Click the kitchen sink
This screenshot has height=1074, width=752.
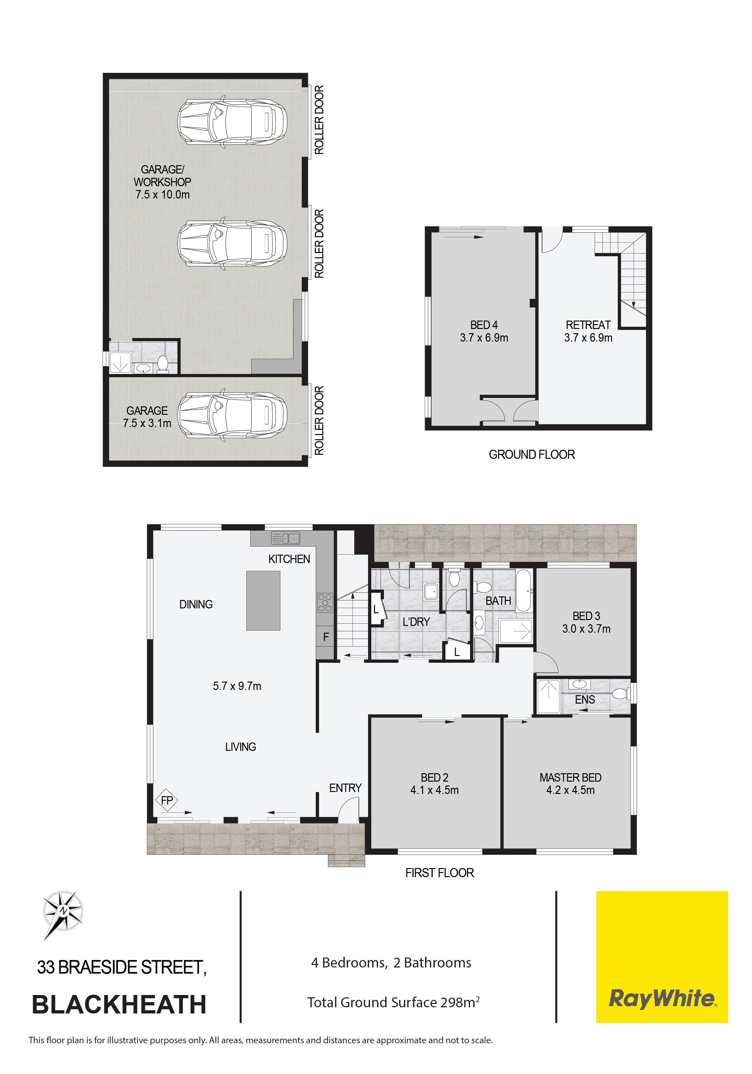tap(285, 538)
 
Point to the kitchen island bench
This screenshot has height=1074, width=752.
tap(263, 601)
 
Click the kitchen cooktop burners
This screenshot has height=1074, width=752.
tap(325, 603)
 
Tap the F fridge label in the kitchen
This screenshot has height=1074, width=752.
tap(326, 637)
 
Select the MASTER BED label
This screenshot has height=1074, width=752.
tap(570, 777)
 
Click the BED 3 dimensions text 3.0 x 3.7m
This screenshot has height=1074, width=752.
tap(587, 629)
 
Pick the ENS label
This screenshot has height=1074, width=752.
tap(585, 699)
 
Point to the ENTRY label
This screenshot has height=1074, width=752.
tap(346, 788)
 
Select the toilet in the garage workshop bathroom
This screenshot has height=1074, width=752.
tap(163, 364)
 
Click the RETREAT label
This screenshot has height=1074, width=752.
tap(588, 325)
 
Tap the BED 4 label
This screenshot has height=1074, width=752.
tap(484, 325)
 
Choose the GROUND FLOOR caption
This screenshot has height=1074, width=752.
tap(532, 454)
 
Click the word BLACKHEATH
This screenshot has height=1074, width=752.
tap(119, 1005)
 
